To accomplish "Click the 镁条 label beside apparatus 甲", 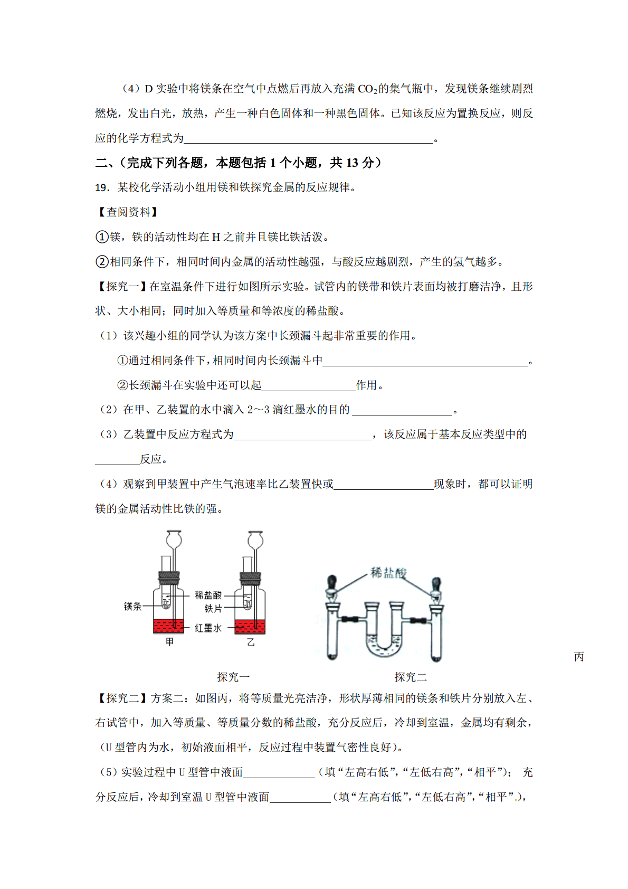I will (132, 607).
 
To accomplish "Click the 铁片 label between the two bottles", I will (213, 609).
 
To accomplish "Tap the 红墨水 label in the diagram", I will (208, 628).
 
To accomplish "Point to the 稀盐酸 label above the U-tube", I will (388, 573).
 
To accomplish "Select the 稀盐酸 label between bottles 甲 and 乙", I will (208, 595).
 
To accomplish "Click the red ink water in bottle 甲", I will (168, 626).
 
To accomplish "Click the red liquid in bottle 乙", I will (250, 627).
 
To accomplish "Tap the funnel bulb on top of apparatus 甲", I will (174, 540).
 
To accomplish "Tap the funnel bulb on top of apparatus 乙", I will (255, 540).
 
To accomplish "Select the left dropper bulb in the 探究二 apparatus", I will (331, 584).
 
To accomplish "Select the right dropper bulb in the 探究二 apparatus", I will (436, 584).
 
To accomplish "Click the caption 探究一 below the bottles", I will (233, 677).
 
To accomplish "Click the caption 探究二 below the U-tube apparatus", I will (410, 677).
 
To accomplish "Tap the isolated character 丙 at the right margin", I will (579, 657).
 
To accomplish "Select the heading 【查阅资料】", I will (128, 212).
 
